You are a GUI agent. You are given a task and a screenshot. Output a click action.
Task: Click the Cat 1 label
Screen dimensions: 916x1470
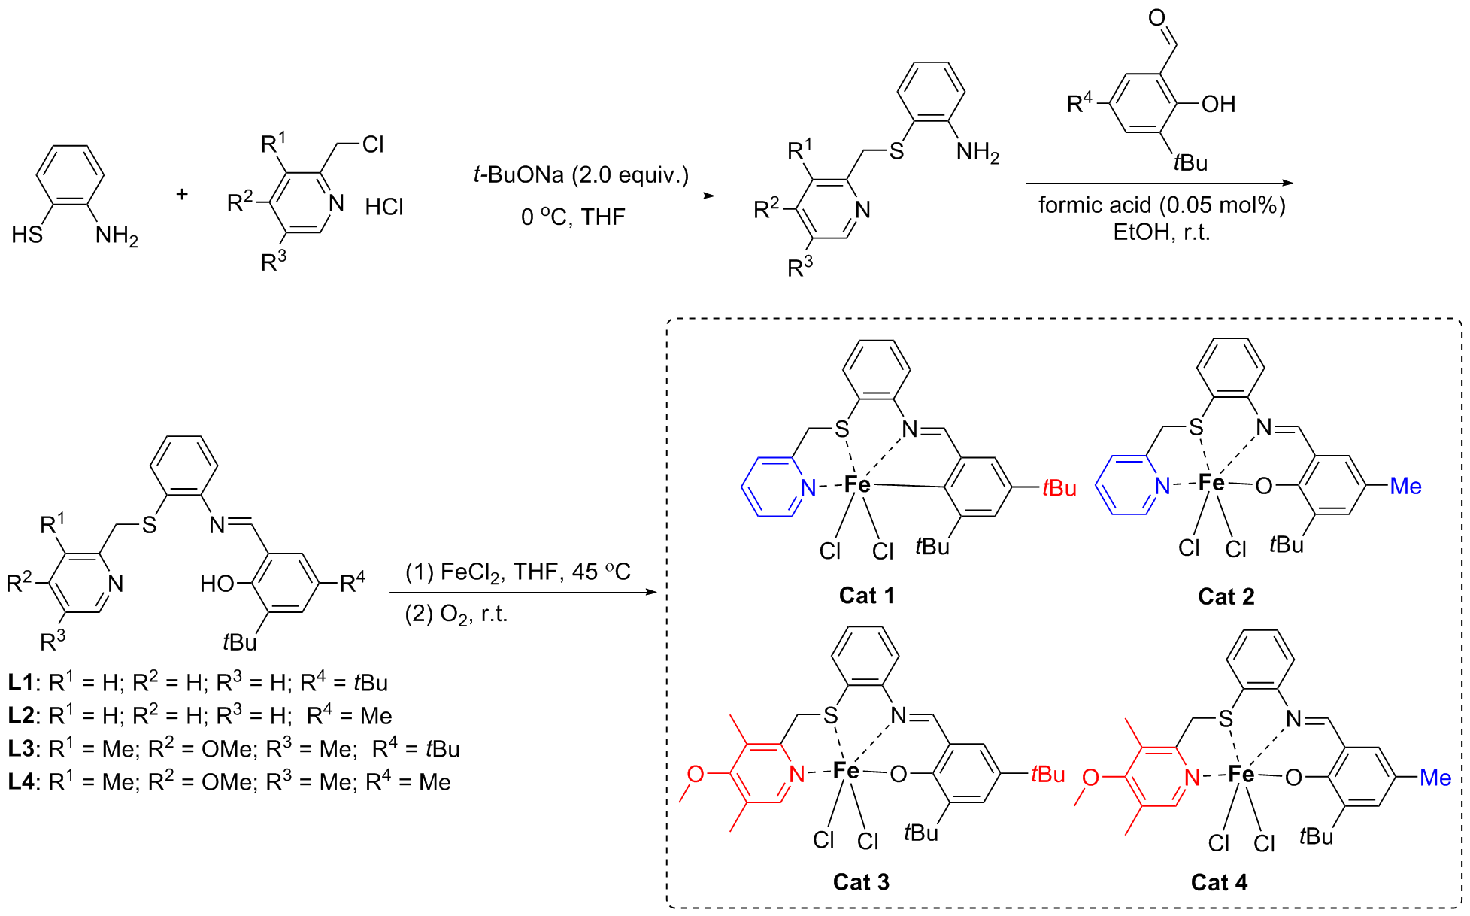866,596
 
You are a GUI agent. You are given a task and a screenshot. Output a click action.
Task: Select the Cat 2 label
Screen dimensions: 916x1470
1226,596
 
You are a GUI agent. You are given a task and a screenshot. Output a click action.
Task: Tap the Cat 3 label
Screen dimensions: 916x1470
861,881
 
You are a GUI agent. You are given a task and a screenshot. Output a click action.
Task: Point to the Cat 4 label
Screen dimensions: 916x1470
1219,882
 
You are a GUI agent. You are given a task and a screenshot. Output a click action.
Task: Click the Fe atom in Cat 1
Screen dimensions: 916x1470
857,484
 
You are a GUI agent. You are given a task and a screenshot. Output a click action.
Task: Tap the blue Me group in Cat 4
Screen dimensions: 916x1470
1435,778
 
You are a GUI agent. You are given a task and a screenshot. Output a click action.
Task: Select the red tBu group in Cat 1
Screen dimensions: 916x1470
1059,489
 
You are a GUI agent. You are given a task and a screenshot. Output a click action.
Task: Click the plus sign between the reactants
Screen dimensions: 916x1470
182,194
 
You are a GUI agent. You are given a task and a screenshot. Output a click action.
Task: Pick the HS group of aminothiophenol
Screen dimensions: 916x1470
27,235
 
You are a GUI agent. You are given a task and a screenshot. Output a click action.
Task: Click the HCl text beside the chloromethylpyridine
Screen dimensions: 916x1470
384,207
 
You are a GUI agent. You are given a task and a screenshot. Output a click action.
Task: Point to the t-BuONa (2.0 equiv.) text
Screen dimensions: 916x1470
580,175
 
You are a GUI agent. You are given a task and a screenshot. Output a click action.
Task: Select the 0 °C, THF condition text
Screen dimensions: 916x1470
573,217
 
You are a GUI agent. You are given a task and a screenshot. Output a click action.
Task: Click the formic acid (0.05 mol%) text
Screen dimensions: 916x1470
1162,205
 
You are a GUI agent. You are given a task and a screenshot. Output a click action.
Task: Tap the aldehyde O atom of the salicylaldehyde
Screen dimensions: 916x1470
1156,17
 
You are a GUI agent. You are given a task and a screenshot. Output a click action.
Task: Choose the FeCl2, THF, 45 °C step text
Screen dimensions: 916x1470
518,572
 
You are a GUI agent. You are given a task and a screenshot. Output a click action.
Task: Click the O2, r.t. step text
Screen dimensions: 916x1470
456,614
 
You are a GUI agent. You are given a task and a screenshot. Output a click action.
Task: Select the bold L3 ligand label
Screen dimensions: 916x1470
21,749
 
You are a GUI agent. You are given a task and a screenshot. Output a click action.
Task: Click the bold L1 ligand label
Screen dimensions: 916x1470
21,683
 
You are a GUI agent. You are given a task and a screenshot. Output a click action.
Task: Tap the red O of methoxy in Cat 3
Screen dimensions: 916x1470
696,774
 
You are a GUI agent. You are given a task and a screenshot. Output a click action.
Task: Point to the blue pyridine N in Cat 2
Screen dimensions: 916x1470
1162,486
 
